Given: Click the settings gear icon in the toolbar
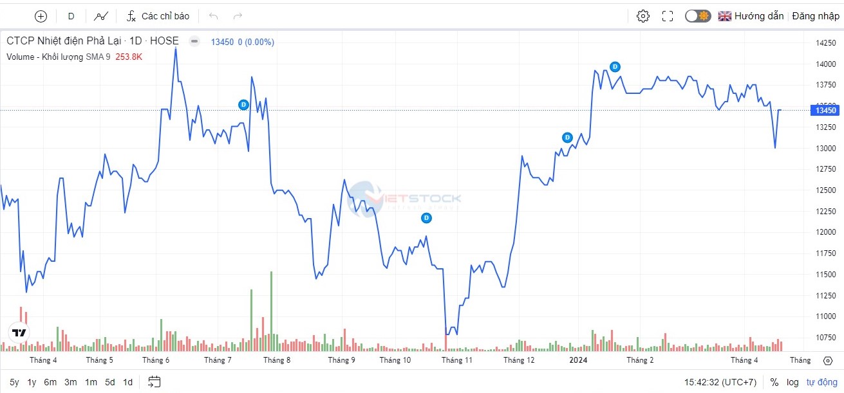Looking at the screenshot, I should pos(642,16).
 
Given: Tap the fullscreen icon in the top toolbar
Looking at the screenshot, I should pos(668,16).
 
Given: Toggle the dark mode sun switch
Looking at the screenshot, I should pos(697,16).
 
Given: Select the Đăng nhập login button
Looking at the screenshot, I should pos(816,16).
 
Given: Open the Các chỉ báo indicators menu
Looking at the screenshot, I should pos(158,16).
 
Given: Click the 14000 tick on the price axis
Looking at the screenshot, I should pos(826,64).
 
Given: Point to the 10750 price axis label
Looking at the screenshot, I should pos(826,337).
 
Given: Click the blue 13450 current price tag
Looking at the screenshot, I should pos(825,111).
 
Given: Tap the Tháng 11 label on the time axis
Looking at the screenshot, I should pos(456,360).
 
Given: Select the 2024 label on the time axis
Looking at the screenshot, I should pos(578,360).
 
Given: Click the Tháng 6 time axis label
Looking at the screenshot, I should pos(156,360).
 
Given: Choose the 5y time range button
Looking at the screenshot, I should pos(14,382).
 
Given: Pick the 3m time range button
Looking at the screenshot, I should pos(70,382).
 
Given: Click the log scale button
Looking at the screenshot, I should pos(792,382).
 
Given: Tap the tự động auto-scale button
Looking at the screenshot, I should pos(821,382).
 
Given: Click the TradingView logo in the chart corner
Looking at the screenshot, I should pos(19,333).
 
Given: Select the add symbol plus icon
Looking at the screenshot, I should pos(41,16).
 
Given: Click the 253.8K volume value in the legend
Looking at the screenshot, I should pos(129,57).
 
